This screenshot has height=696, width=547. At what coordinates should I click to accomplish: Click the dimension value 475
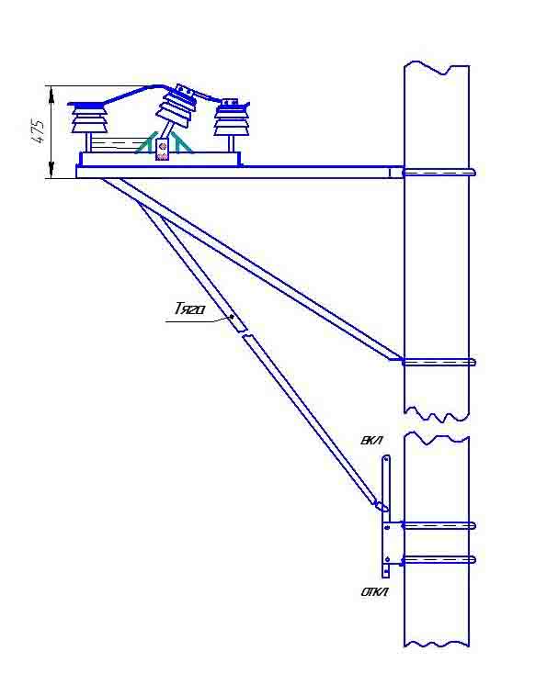(39, 131)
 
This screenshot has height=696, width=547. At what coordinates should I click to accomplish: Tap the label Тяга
(189, 309)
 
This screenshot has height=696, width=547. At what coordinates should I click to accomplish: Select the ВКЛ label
(371, 441)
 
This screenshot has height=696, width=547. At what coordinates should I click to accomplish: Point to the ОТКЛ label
(374, 591)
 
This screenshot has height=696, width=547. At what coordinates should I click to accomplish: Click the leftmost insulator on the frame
(89, 118)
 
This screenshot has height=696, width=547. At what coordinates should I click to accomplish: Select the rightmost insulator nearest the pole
(232, 118)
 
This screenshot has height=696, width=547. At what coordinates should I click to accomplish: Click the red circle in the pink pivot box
(163, 145)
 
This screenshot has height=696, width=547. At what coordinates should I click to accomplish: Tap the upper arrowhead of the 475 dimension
(51, 92)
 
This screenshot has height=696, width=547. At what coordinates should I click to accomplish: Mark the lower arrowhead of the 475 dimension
(51, 172)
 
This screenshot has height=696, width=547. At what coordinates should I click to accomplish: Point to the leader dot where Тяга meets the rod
(231, 317)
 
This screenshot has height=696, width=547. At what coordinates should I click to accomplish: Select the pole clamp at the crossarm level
(439, 173)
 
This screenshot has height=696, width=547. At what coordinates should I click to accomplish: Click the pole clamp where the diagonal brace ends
(439, 362)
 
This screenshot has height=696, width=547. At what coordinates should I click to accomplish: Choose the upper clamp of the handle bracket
(439, 525)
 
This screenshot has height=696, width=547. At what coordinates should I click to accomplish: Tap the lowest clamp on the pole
(439, 560)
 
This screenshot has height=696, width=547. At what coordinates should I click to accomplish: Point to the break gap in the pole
(437, 427)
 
